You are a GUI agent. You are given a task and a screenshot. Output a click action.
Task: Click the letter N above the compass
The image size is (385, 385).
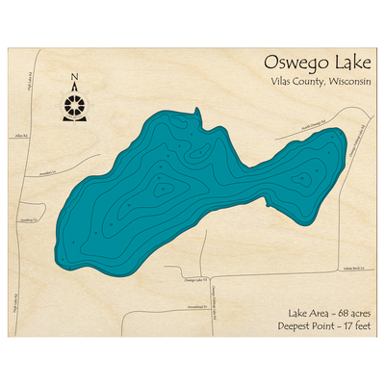click(x=74, y=79)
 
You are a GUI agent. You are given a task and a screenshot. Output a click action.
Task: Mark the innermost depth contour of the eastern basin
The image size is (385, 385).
click(x=306, y=178)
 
